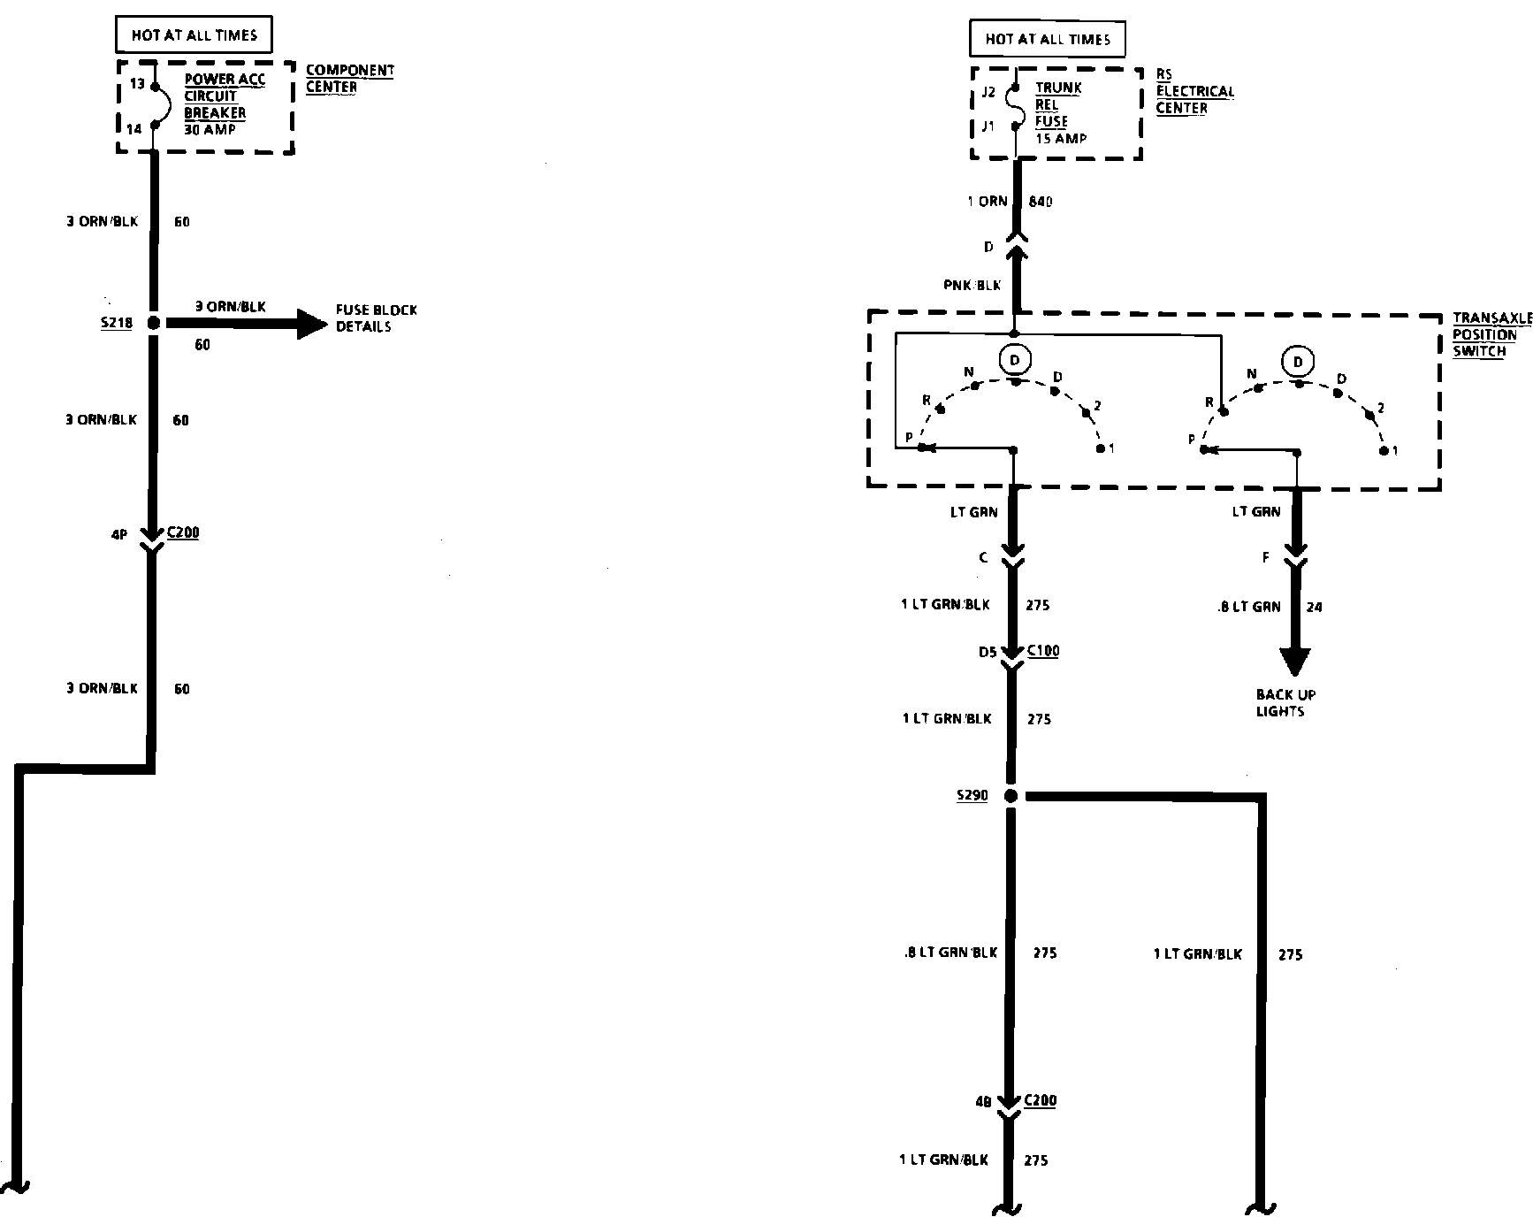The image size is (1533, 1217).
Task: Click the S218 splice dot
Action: point(153,324)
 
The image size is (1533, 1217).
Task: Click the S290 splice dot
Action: point(1011,796)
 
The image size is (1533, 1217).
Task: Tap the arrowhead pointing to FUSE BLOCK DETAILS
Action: point(311,324)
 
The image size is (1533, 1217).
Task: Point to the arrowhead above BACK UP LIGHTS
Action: point(1295,662)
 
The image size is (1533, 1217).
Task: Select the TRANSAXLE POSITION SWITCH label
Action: point(1490,334)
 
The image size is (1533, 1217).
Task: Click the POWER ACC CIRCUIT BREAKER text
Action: point(224,96)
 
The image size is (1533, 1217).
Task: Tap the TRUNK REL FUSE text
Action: point(1057,104)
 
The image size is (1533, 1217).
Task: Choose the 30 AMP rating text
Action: point(210,130)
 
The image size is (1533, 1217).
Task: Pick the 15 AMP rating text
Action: point(1061,139)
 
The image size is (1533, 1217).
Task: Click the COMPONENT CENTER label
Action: point(349,79)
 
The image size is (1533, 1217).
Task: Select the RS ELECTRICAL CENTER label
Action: point(1194,92)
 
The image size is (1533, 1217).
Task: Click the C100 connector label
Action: point(1043,651)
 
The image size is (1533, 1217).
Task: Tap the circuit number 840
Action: point(1041,202)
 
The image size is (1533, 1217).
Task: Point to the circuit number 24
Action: point(1314,608)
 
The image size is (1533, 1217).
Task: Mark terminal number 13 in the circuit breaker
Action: point(136,84)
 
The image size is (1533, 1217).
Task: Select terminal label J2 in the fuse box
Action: point(988,92)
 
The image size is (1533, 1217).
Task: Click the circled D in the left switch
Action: point(1014,360)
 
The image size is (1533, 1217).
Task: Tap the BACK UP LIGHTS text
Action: point(1285,703)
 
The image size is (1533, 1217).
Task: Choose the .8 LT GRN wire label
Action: point(1248,607)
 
